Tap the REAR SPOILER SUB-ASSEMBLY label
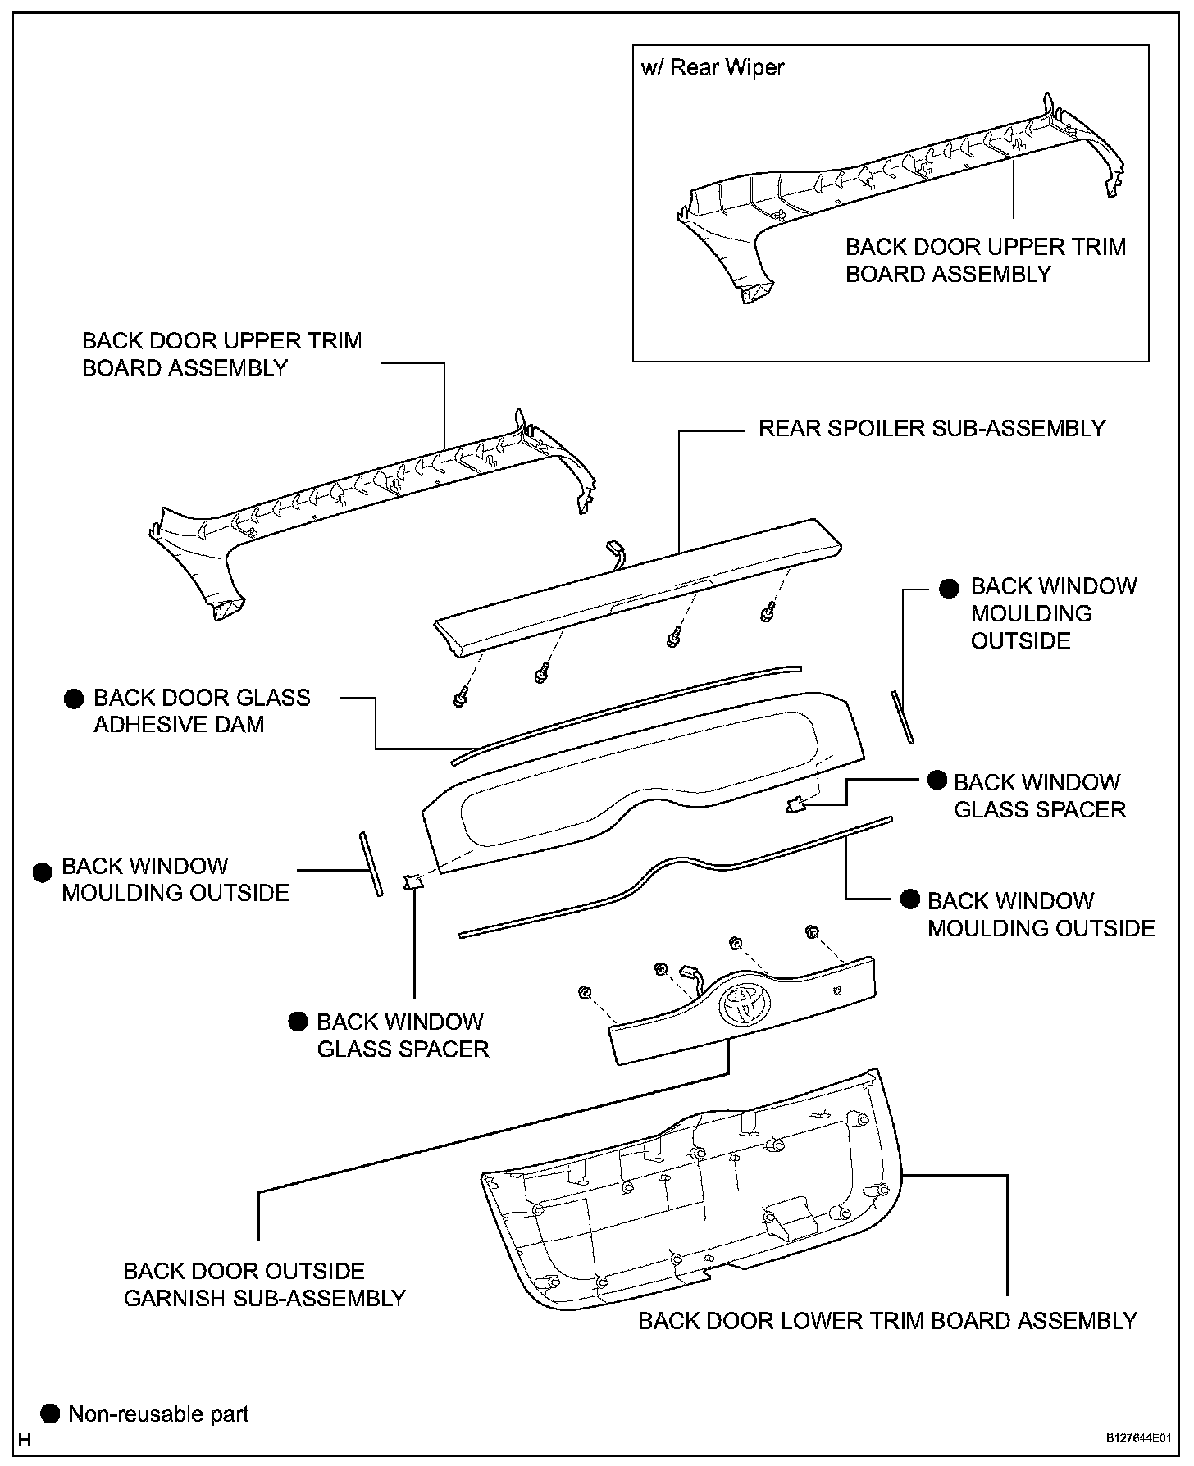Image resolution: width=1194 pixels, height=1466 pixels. pos(932,428)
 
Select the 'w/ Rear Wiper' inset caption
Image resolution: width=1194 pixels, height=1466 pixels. pos(712,67)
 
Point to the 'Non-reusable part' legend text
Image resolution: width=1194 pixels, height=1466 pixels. pos(158,1414)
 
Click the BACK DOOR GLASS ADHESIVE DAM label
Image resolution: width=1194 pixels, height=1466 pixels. pos(202,711)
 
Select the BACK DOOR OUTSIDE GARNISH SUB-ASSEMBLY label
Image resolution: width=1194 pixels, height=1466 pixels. pos(264,1285)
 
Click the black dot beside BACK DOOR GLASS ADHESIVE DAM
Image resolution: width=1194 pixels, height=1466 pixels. pos(74,699)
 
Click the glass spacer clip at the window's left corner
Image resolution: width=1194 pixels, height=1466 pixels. pos(412,881)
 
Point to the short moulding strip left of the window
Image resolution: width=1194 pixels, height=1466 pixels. pos(369,863)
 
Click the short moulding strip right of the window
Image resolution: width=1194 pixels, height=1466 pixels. pos(902,717)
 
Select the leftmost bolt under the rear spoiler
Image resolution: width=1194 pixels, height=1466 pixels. pos(458,699)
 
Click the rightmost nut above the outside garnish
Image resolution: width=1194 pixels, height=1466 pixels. pos(811,931)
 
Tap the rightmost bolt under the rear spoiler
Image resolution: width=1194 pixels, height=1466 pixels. pos(767,612)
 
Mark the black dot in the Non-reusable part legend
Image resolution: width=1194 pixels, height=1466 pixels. pos(51,1414)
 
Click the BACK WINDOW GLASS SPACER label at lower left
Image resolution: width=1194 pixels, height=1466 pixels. pos(402,1035)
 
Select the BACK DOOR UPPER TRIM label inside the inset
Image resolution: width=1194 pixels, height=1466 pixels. pos(985,260)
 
